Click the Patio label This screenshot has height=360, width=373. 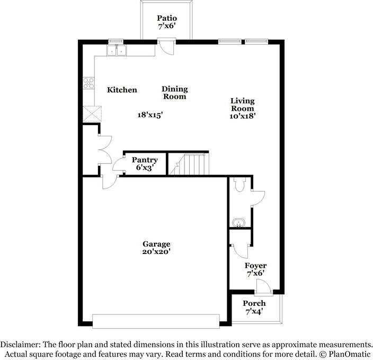tap(166, 19)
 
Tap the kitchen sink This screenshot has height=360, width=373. tap(117, 50)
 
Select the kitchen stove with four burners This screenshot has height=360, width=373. tap(88, 83)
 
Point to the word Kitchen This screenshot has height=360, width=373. tap(122, 90)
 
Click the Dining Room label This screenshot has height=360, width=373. tap(174, 93)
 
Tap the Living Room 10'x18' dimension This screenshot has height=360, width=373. tap(242, 116)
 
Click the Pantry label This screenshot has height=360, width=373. tap(144, 160)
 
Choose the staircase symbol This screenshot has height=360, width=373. tap(191, 164)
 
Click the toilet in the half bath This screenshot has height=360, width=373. tap(238, 185)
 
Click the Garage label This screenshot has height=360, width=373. tap(156, 244)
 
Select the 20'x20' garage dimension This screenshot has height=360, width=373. tap(156, 252)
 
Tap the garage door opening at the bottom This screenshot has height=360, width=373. tap(156, 321)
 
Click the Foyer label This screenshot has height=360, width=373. tap(255, 266)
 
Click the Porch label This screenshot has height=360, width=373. tap(254, 303)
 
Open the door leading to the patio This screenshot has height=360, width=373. tap(166, 48)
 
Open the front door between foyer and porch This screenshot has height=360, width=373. tap(262, 288)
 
